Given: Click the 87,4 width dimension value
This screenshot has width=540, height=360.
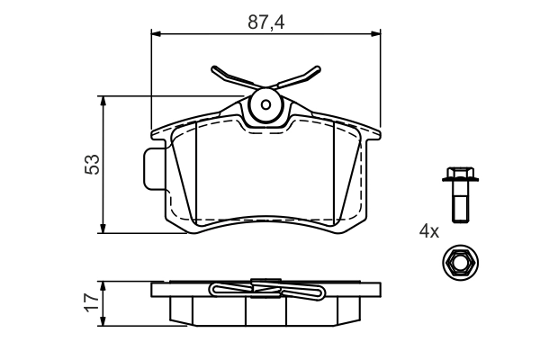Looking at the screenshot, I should pos(265,23).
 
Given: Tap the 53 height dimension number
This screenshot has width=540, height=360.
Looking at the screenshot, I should pos(92,164).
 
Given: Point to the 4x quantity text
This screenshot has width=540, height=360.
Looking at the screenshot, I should pos(428,231).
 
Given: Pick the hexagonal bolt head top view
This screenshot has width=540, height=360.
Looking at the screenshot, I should pos(457,264).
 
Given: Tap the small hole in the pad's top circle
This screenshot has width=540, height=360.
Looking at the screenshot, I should pos(266,103).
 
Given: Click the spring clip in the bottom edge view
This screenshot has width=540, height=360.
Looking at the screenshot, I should pos(265,291).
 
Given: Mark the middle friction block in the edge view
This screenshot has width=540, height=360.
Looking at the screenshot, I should pos(265,310).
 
